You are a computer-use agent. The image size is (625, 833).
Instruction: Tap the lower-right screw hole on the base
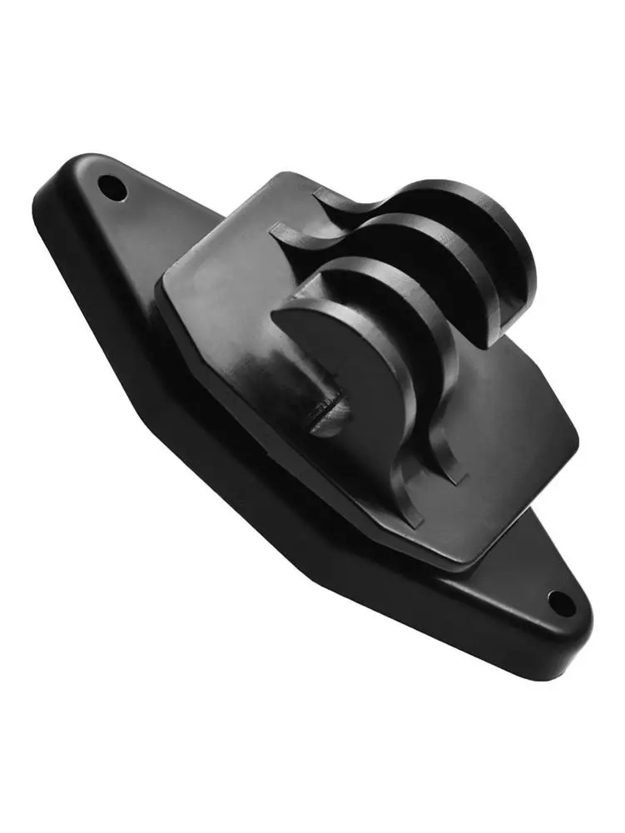(x=562, y=602)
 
